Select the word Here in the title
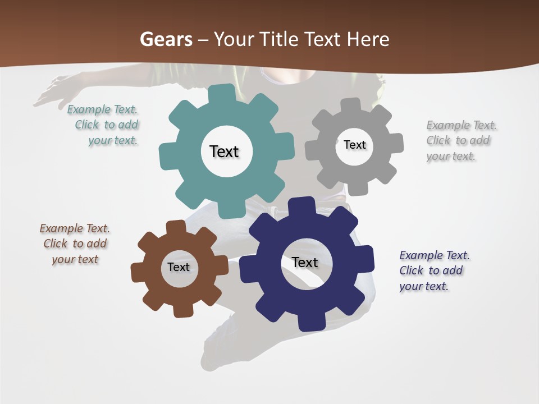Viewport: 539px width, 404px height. pyautogui.click(x=368, y=39)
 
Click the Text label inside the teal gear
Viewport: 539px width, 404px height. pyautogui.click(x=224, y=151)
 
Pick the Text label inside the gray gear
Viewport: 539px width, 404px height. pyautogui.click(x=354, y=145)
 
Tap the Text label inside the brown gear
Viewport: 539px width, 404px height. pyautogui.click(x=179, y=267)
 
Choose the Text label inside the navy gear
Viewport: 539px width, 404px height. pyautogui.click(x=305, y=262)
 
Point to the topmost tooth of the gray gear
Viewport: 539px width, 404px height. pyautogui.click(x=350, y=105)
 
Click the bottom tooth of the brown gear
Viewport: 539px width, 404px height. pyautogui.click(x=182, y=309)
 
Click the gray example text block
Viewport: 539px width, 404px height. pyautogui.click(x=460, y=140)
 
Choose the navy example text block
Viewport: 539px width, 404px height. pyautogui.click(x=433, y=270)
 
